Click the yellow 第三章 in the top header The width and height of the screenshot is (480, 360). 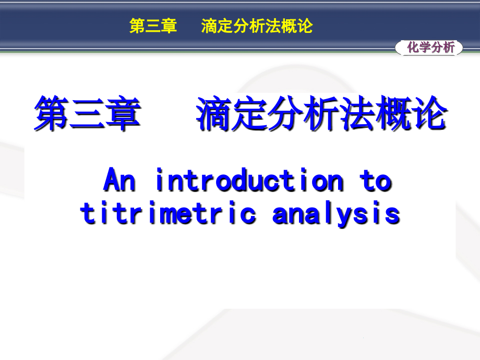point(153,27)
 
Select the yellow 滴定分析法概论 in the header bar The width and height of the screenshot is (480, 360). point(257,27)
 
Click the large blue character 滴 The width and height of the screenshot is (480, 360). point(214,114)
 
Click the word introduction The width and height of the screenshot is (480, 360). point(250,181)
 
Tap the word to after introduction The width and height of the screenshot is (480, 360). point(375,181)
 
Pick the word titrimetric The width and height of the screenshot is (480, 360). point(168,213)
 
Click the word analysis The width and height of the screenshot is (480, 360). point(336,213)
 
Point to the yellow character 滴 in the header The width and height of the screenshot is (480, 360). point(209,27)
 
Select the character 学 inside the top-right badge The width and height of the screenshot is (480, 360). point(424,48)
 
